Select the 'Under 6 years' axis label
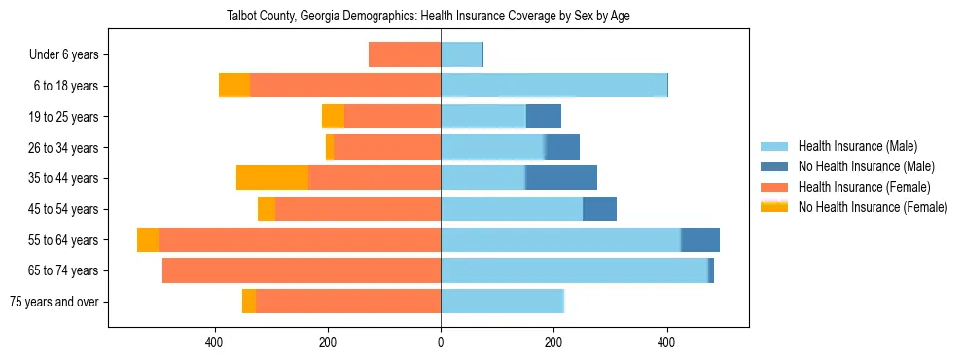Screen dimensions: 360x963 [69, 55]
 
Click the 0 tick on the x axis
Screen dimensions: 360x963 [441, 342]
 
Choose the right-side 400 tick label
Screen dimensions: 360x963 [666, 342]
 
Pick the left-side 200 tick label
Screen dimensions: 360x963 [328, 342]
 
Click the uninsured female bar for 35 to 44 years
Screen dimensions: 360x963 [272, 178]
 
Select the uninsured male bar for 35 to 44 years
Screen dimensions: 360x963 [561, 178]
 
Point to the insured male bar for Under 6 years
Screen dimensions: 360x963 [462, 55]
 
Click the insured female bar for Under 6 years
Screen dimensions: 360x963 [405, 55]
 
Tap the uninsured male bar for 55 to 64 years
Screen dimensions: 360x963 [700, 239]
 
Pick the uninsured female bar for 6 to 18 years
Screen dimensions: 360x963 [234, 86]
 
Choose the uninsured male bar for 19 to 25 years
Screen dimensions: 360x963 [544, 117]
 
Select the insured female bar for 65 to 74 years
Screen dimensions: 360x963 [302, 270]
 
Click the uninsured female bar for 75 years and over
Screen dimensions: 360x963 [249, 302]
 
